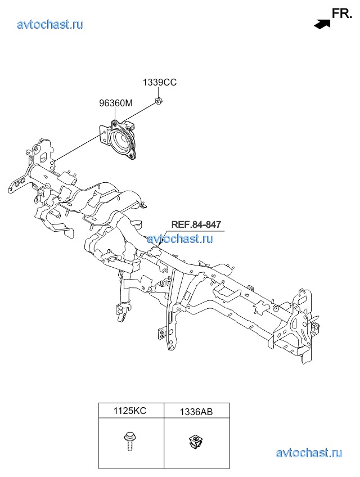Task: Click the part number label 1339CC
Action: point(160,83)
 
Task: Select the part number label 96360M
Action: point(116,103)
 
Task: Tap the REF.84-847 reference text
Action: point(196,224)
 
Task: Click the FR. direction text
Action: point(342,13)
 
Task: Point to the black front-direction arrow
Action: point(322,24)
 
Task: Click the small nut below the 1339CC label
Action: point(158,100)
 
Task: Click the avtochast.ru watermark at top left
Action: point(50,24)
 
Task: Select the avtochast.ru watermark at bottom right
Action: point(309,453)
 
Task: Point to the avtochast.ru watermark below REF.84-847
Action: point(180,238)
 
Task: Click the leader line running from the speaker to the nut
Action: point(138,111)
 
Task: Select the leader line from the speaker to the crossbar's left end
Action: point(78,147)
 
